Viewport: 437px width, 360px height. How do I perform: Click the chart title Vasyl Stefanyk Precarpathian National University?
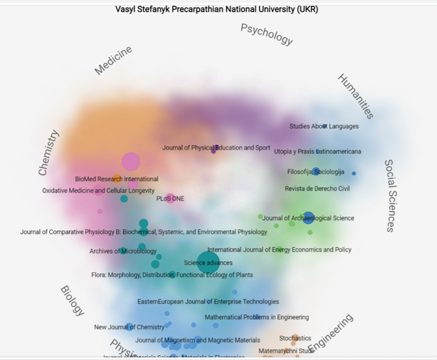coord(217,10)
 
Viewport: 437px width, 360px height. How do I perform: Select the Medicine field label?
coord(113,60)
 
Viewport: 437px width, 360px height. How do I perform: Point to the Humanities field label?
coord(356,96)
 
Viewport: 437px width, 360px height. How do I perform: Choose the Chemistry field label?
coord(49,153)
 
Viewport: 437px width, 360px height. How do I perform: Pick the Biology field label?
coord(72,300)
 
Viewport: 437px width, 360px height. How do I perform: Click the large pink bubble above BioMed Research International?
coord(131,161)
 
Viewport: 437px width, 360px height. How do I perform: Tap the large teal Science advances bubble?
coord(208,263)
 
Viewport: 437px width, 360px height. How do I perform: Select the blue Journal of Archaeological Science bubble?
coord(308,218)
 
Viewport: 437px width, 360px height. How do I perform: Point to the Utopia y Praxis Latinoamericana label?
coord(317,151)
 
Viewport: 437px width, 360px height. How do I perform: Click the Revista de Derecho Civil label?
coord(317,188)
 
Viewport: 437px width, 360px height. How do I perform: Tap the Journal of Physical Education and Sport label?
coord(216,148)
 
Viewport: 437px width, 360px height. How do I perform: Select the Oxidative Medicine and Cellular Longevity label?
coord(98,190)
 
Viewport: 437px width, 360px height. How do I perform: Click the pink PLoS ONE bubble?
coord(170,198)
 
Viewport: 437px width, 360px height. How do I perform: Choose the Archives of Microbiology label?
coord(123,251)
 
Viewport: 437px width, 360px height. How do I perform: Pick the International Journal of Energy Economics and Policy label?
coord(279,250)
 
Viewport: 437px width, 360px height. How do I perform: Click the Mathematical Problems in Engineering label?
coord(257,317)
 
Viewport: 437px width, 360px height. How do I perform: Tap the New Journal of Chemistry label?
coord(129,327)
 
